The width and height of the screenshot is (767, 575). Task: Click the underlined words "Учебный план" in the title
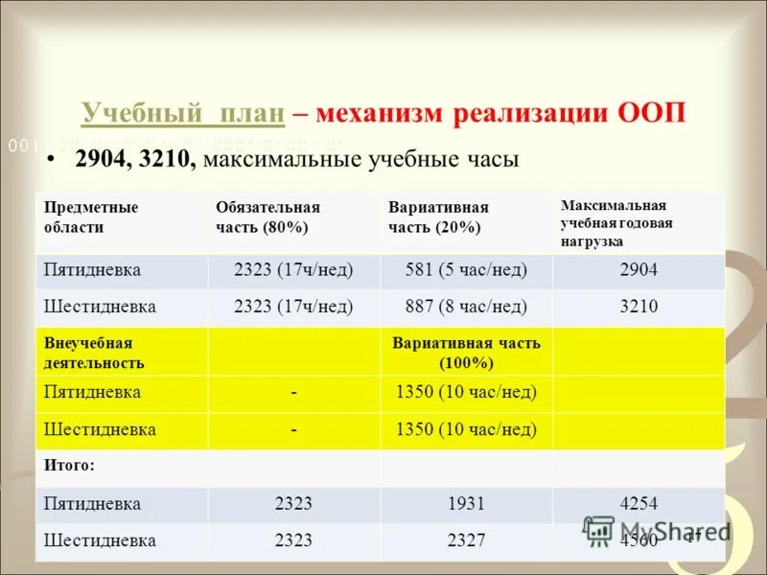183,113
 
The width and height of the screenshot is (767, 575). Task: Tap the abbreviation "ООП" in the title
650,113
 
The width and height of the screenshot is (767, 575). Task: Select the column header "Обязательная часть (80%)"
267,218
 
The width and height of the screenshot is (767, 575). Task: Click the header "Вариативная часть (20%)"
438,218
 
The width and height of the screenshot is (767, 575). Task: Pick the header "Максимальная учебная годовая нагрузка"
616,223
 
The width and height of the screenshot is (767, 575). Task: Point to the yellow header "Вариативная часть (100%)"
466,353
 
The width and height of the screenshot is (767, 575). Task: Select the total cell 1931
466,504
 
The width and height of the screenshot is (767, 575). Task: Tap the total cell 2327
466,540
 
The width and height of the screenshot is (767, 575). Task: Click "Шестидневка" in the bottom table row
100,540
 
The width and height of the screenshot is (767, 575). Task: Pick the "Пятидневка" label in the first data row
92,270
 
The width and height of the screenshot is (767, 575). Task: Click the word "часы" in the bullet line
491,159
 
